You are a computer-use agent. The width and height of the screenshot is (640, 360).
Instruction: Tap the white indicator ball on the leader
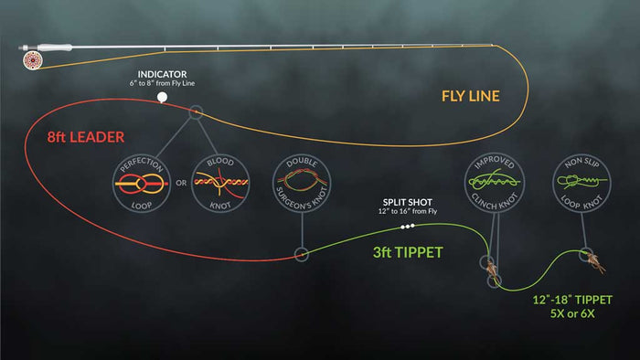point(162,96)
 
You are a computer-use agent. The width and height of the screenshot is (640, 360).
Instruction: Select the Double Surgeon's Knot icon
point(299,182)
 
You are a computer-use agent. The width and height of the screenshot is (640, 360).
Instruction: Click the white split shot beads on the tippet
point(408,226)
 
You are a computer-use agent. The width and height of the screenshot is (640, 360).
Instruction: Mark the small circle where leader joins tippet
point(299,255)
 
